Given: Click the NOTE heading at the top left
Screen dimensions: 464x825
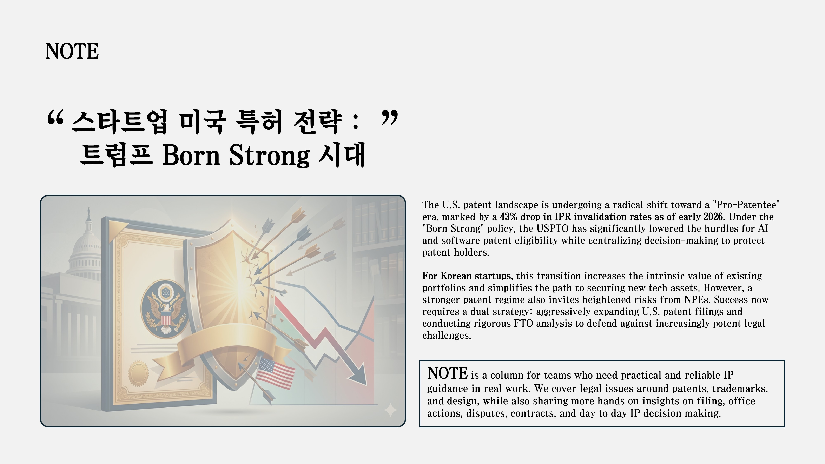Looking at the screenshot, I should click(x=72, y=51).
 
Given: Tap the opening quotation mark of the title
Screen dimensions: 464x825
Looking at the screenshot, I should click(x=55, y=119).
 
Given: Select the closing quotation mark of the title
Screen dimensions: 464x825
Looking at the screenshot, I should click(x=390, y=118).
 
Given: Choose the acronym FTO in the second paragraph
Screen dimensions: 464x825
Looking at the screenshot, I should click(x=523, y=323).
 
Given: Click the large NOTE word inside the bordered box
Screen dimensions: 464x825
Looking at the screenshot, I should click(x=447, y=373).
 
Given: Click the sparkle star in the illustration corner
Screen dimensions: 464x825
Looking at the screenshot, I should click(x=390, y=410).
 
